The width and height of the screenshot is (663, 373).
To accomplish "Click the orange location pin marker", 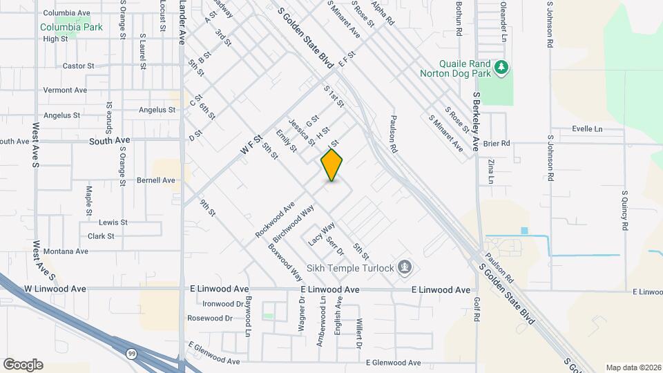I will (332, 165).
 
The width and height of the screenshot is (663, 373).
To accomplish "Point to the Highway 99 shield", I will (131, 353).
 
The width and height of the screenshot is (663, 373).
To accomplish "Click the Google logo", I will (23, 365).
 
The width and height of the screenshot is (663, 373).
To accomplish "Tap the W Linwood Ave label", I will (55, 289).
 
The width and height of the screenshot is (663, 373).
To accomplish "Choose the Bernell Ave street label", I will (156, 180).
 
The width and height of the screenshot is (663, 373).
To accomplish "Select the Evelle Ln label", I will (587, 129).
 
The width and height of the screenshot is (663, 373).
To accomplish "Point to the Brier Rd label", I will (496, 144).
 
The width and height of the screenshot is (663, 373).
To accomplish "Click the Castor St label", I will (78, 66).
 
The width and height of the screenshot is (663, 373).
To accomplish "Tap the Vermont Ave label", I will (65, 90).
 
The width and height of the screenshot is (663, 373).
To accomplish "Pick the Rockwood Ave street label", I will (275, 220).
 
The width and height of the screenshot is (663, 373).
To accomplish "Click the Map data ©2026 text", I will (633, 367).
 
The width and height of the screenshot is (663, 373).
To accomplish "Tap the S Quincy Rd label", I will (624, 211).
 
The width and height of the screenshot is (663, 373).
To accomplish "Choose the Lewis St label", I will (113, 222).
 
